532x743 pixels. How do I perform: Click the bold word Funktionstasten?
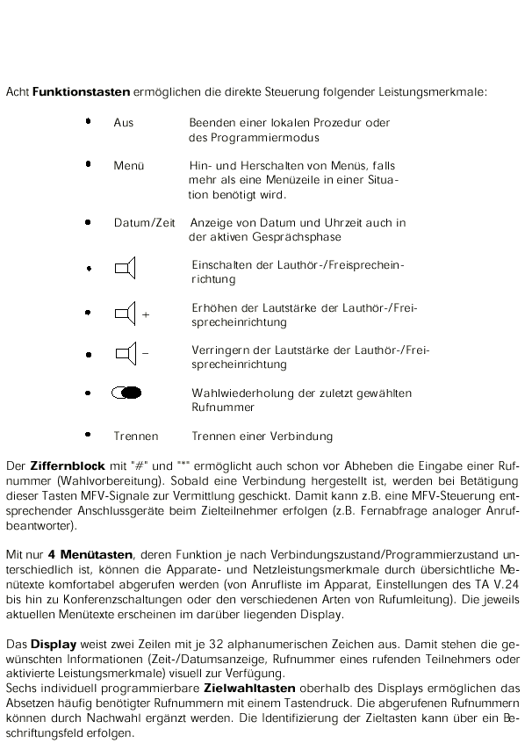(x=82, y=91)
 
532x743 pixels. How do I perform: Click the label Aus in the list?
(x=124, y=123)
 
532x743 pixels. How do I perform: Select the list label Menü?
(x=127, y=165)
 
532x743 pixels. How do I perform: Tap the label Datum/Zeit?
(x=145, y=222)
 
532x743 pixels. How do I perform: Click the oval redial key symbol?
(x=128, y=393)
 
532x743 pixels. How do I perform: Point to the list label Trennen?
(x=135, y=436)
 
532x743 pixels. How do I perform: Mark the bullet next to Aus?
(x=89, y=122)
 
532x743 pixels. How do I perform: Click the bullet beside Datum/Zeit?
(x=89, y=222)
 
